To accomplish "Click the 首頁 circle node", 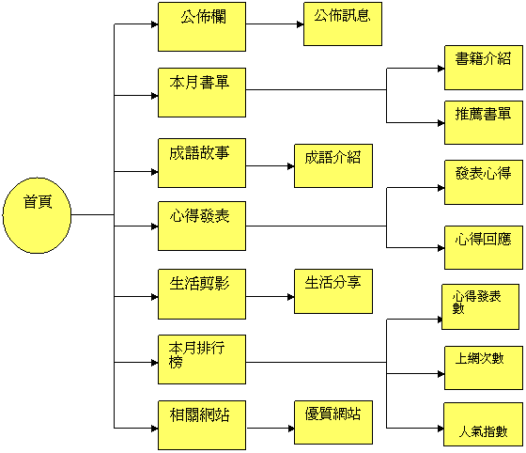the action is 37,215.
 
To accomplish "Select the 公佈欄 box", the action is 202,27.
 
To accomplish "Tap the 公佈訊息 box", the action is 343,23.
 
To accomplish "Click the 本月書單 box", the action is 202,93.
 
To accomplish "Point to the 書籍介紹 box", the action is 484,68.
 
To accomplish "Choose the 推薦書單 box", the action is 484,122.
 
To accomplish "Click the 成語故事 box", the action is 202,163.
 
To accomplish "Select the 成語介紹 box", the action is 333,165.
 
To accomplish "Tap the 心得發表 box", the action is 202,226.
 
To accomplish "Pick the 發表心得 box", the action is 484,182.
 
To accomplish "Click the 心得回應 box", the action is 484,247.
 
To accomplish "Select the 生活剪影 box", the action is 202,294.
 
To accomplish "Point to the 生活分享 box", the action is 333,291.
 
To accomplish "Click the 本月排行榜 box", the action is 202,359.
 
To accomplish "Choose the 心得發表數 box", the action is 480,306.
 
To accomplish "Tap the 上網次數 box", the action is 484,367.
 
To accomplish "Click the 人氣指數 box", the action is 483,425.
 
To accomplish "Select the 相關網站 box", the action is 202,425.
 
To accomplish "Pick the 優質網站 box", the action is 333,423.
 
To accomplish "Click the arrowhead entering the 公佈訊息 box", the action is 301,24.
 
